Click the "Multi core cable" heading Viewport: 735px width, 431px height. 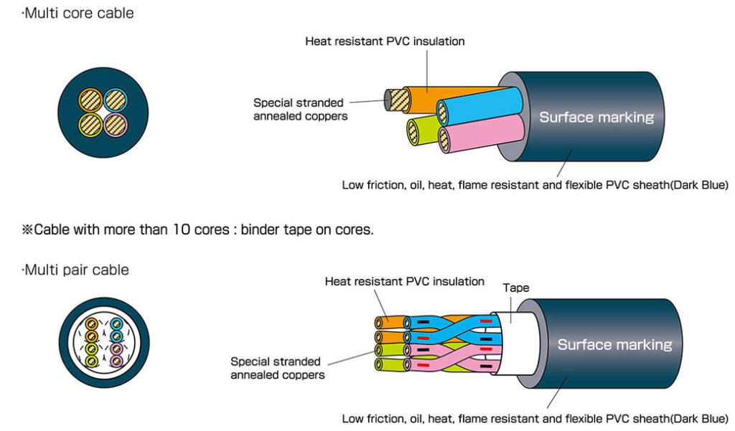pos(78,13)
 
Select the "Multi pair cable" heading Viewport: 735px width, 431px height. pos(76,270)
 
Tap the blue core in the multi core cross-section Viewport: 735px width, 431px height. pos(115,99)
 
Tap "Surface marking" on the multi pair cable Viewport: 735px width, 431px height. pos(614,344)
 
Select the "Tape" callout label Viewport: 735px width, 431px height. pos(515,288)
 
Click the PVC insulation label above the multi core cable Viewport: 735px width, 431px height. pos(385,42)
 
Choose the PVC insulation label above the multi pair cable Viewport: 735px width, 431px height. pos(404,281)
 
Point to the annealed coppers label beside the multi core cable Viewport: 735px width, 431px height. pos(300,109)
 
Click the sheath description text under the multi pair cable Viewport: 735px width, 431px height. pos(535,417)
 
